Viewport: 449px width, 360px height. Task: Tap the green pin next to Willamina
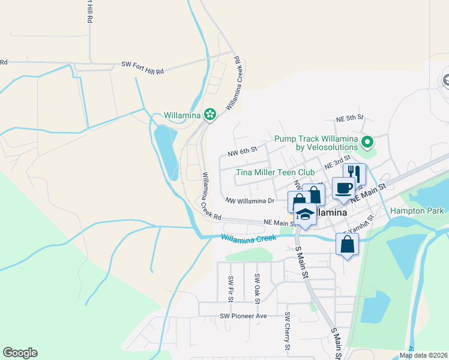(210, 114)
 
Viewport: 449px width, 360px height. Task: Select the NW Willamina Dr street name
(250, 201)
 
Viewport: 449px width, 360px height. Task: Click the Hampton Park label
(417, 211)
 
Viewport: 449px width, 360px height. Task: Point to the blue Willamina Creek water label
(248, 238)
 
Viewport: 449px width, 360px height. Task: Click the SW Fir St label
(231, 288)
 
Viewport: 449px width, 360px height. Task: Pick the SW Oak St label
(257, 287)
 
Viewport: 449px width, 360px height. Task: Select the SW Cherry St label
(288, 331)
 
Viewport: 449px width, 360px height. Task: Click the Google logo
(20, 353)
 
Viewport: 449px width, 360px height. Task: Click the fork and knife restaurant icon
(354, 175)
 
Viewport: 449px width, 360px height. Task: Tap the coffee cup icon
(343, 188)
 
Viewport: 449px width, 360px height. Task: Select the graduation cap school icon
(305, 215)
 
